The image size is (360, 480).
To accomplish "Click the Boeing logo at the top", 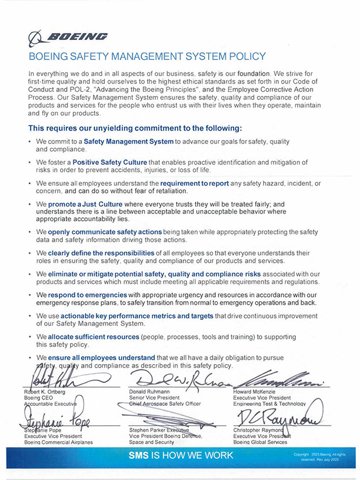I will pyautogui.click(x=68, y=38).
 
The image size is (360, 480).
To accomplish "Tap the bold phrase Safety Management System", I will pyautogui.click(x=128, y=142).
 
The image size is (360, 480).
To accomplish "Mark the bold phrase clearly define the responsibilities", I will pyautogui.click(x=106, y=253).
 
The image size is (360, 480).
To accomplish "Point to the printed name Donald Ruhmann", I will pyautogui.click(x=151, y=391).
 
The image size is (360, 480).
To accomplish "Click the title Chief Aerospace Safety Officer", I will pyautogui.click(x=165, y=404).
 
